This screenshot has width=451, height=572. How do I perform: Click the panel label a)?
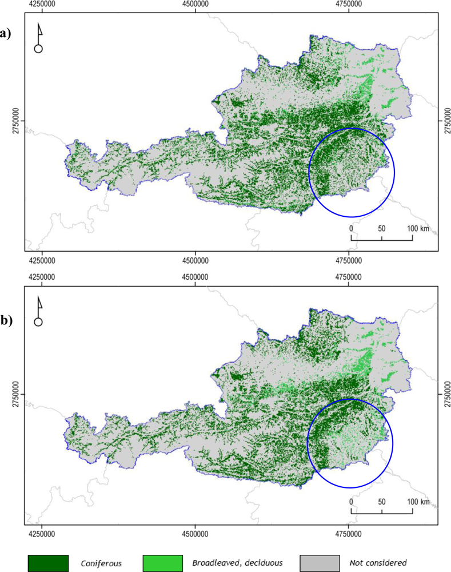click(6, 34)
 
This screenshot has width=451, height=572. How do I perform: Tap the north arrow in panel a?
click(39, 38)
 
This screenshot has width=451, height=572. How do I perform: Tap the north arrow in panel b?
click(39, 311)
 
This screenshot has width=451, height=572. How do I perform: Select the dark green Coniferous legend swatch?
click(48, 563)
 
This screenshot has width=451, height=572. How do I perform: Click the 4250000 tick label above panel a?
click(42, 4)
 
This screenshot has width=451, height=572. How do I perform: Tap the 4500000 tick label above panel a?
click(195, 4)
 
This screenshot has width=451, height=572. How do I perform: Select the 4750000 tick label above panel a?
click(349, 4)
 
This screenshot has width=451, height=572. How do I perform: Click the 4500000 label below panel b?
click(195, 533)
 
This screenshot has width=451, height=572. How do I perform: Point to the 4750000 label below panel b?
click(349, 533)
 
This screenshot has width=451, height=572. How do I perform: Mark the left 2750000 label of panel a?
click(17, 121)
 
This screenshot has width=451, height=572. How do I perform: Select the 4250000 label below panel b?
click(42, 533)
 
